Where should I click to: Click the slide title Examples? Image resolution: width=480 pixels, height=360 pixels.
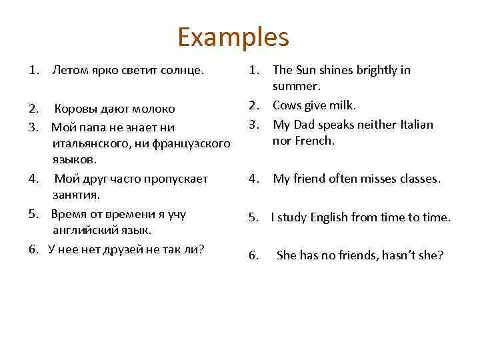[x=233, y=37]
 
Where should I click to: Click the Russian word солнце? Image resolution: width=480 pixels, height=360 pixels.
[x=183, y=70]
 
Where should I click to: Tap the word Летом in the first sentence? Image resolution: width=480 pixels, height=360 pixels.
[x=69, y=70]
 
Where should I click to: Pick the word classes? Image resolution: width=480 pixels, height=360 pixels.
[x=418, y=179]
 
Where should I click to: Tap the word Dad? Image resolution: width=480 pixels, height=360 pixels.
[x=305, y=124]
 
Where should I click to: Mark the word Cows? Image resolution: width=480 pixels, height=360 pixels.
[x=288, y=105]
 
